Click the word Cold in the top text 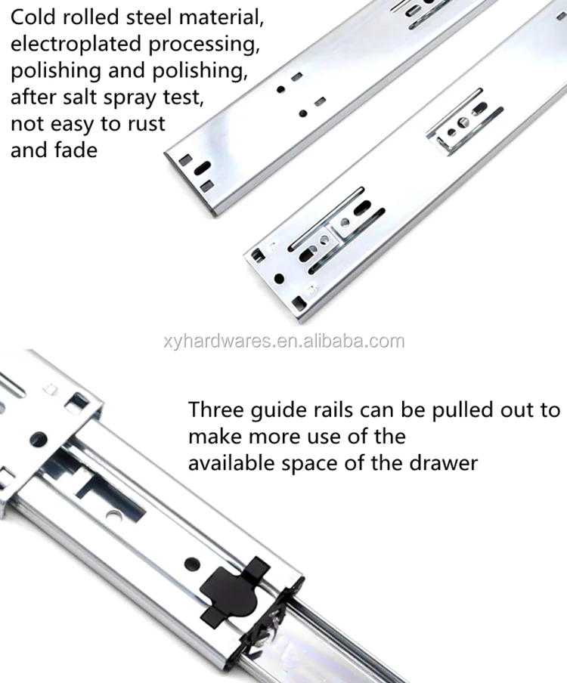33,17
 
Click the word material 222,17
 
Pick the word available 231,463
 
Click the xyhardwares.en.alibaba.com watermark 284,341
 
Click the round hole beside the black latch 192,564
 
